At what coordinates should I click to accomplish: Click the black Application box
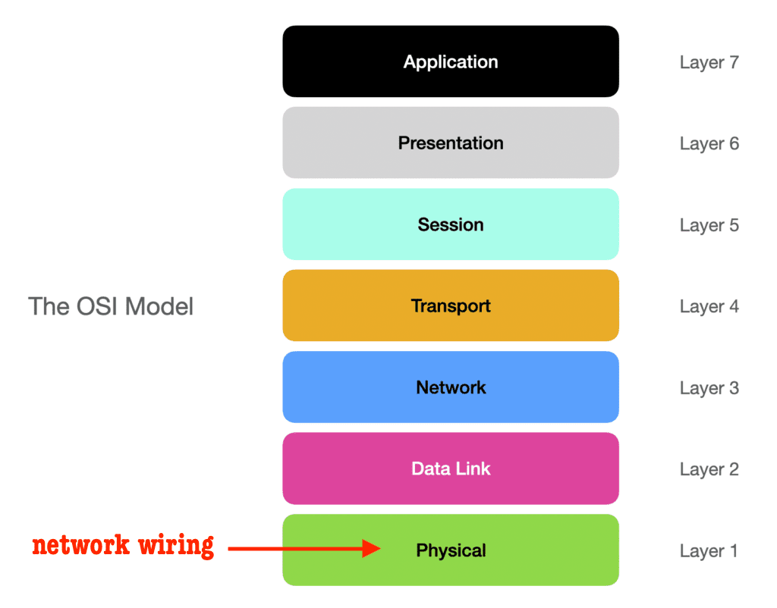[451, 61]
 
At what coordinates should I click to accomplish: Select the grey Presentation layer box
[451, 143]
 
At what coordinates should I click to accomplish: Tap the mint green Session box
[451, 224]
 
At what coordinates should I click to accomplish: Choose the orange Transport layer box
[451, 306]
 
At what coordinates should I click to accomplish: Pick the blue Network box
[451, 387]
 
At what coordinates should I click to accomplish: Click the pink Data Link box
[451, 469]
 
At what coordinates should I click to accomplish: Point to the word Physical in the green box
[451, 550]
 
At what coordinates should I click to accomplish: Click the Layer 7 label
[709, 63]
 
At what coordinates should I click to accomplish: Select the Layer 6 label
[709, 144]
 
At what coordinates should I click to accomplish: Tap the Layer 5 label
[709, 226]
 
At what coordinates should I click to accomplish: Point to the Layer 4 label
[709, 307]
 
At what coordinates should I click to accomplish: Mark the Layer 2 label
[709, 470]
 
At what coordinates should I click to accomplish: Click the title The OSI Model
[111, 306]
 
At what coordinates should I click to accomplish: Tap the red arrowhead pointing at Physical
[371, 548]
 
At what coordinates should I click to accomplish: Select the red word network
[80, 545]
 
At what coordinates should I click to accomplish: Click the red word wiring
[176, 547]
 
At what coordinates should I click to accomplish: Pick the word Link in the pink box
[472, 469]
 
